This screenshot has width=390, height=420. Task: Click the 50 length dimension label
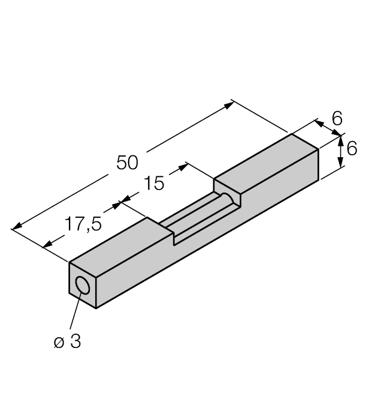[x=128, y=163]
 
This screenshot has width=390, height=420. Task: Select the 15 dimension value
[x=154, y=183]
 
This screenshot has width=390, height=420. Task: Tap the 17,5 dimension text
[x=83, y=224]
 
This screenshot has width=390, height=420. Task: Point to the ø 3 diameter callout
[x=68, y=341]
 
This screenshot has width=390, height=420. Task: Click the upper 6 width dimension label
[x=337, y=118]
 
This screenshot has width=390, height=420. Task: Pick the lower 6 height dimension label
[x=352, y=148]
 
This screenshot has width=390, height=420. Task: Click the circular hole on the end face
[x=82, y=286]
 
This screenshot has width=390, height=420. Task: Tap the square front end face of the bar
[x=83, y=285]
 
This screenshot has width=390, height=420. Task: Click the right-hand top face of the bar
[x=266, y=164]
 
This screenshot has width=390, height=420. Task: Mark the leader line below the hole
[x=75, y=311]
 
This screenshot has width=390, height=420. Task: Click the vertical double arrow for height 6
[x=340, y=151]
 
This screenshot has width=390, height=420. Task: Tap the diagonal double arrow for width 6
[x=328, y=128]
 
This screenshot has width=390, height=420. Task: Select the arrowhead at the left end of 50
[x=17, y=226]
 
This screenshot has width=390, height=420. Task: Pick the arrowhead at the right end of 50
[x=229, y=106]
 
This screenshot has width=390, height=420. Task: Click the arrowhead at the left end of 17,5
[x=48, y=244]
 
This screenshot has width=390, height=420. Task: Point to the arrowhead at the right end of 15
[x=183, y=167]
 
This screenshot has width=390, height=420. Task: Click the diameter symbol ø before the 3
[x=59, y=343]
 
